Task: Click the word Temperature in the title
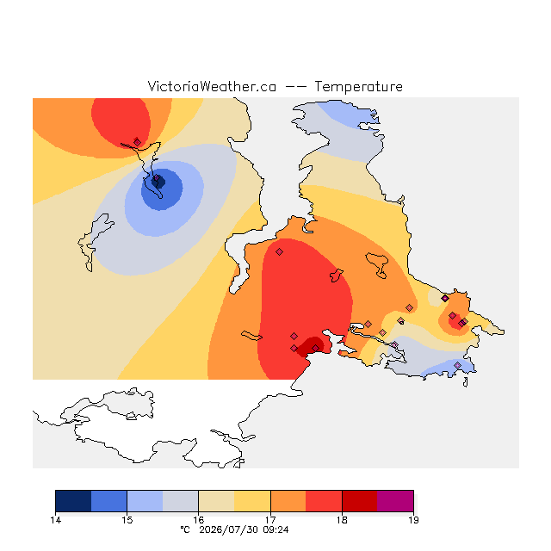(x=358, y=86)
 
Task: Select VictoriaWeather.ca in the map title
(x=212, y=86)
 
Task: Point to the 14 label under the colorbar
(x=55, y=520)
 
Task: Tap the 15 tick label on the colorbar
(x=127, y=520)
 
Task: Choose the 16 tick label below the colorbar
(x=199, y=520)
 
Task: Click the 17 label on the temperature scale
(x=270, y=520)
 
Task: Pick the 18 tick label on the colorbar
(x=342, y=520)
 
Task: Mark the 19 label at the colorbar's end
(x=413, y=520)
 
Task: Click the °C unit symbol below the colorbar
(x=185, y=529)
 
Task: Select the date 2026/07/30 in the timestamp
(x=228, y=529)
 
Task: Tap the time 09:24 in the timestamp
(x=275, y=529)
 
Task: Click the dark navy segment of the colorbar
(x=73, y=501)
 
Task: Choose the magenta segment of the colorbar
(x=395, y=501)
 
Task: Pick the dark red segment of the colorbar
(x=360, y=501)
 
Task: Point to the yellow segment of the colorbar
(x=252, y=501)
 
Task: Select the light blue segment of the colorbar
(x=145, y=501)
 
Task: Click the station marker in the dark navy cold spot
(x=156, y=178)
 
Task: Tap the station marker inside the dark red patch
(x=315, y=348)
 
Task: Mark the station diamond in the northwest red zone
(x=137, y=142)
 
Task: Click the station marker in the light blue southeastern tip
(x=457, y=365)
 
